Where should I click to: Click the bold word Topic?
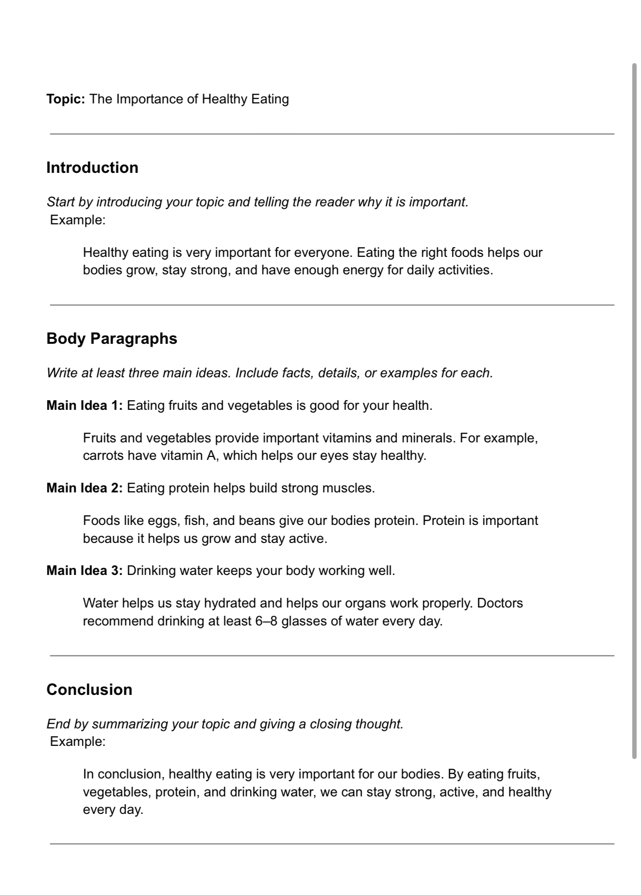coord(66,99)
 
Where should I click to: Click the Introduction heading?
coord(92,168)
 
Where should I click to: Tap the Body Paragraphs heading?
coord(112,338)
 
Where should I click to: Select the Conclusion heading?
coord(89,690)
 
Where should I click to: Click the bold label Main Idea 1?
coord(84,405)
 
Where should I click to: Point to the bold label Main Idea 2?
coord(84,488)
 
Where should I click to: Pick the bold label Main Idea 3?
coord(84,571)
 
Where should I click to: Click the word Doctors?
coord(500,603)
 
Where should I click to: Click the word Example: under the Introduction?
coord(78,220)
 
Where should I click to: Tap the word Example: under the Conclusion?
coord(78,742)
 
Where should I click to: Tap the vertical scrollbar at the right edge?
coord(634,410)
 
